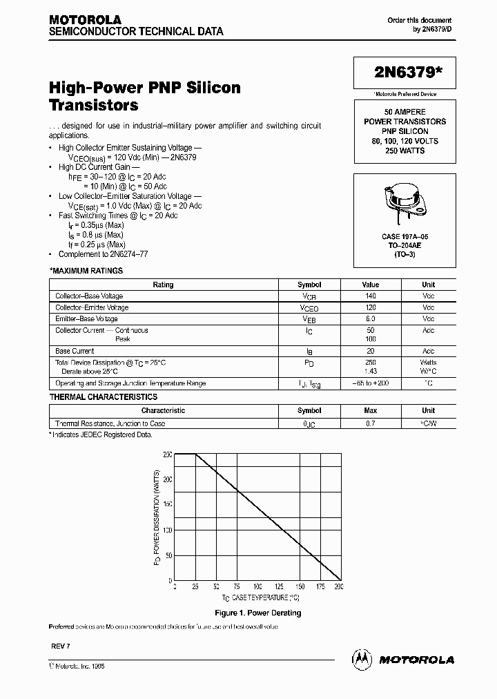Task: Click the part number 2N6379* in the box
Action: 405,73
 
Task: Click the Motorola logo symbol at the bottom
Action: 362,659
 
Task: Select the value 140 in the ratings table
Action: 370,296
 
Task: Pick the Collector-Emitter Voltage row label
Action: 92,307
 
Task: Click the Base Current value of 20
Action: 370,351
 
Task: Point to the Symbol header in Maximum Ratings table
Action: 309,285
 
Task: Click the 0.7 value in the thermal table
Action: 370,423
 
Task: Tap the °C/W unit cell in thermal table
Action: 428,423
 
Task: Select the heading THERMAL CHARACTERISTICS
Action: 104,397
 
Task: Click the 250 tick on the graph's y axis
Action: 168,454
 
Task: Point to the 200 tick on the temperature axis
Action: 339,586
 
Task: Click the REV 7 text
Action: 60,644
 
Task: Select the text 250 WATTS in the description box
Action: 405,151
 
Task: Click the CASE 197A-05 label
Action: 405,236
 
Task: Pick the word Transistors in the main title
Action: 93,106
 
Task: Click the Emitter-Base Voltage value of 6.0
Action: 370,318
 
